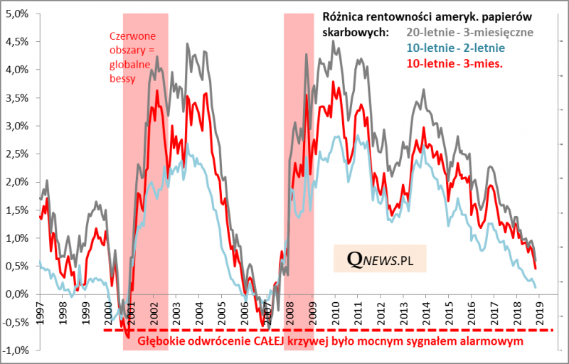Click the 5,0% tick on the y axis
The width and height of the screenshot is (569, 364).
(17, 14)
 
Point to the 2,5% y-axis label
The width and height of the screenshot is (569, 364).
(17, 154)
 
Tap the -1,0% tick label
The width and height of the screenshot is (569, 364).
(16, 350)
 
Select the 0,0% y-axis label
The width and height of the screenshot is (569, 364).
(17, 294)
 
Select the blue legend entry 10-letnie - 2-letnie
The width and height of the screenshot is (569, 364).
(455, 48)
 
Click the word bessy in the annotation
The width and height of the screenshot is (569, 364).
(122, 77)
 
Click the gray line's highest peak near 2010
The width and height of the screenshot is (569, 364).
(334, 41)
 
